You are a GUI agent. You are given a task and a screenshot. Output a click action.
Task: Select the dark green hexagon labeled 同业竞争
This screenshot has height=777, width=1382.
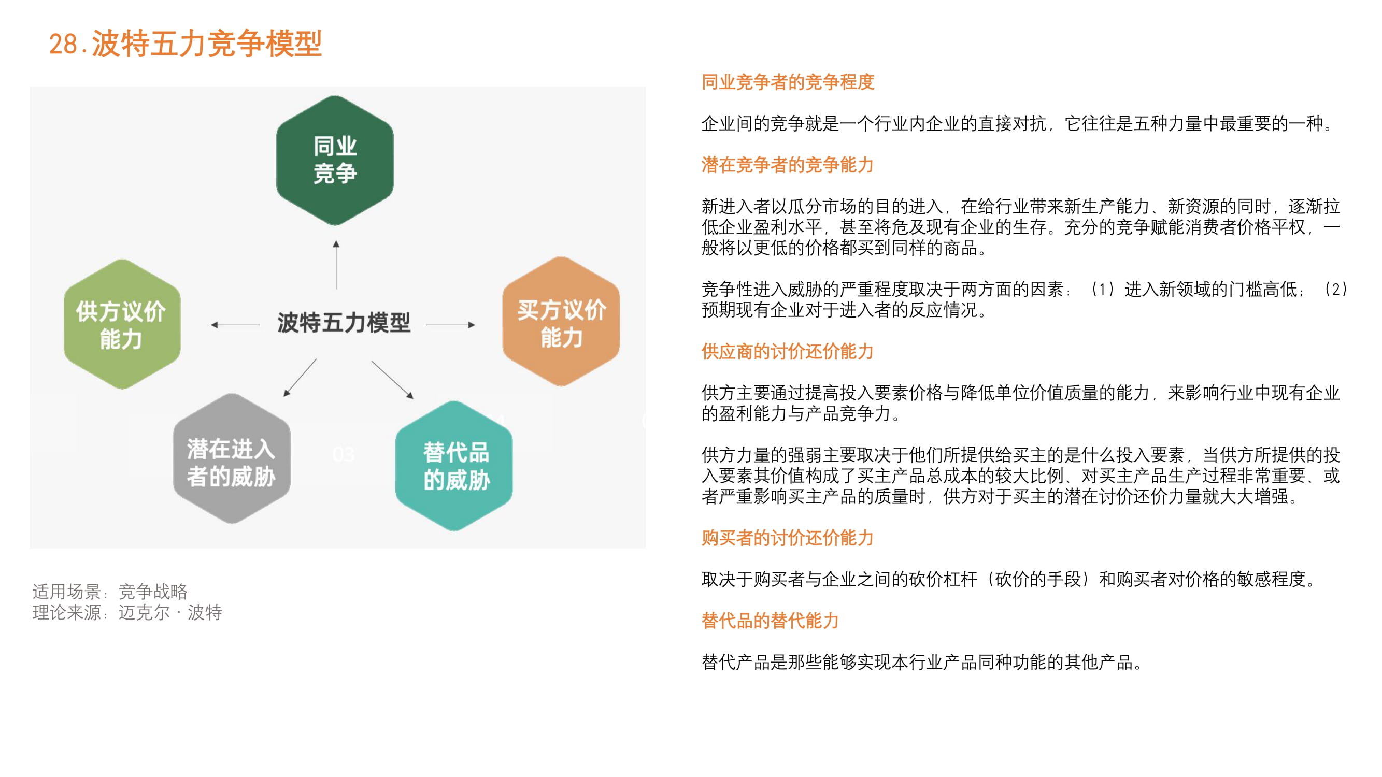pyautogui.click(x=335, y=161)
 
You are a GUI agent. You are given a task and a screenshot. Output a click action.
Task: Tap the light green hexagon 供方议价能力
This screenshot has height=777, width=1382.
pyautogui.click(x=122, y=324)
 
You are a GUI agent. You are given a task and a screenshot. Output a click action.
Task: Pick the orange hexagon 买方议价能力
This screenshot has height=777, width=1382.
pyautogui.click(x=561, y=321)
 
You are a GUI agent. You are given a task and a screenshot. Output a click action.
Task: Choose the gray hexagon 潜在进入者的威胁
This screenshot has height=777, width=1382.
pyautogui.click(x=232, y=458)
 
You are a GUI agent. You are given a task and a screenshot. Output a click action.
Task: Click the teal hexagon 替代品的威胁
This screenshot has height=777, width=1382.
pyautogui.click(x=454, y=466)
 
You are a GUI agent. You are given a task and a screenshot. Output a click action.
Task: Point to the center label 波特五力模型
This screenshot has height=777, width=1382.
pyautogui.click(x=344, y=323)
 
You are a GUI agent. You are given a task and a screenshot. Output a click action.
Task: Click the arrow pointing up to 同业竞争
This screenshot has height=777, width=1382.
pyautogui.click(x=336, y=265)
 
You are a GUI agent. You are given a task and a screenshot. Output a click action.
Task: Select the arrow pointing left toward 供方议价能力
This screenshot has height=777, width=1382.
pyautogui.click(x=236, y=324)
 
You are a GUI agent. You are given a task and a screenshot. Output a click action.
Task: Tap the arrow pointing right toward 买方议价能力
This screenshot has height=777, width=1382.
pyautogui.click(x=451, y=324)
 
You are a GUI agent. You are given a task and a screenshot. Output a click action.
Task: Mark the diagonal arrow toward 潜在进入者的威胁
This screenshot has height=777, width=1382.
pyautogui.click(x=300, y=378)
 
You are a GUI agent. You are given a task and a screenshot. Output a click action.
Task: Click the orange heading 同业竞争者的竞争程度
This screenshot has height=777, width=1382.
pyautogui.click(x=788, y=82)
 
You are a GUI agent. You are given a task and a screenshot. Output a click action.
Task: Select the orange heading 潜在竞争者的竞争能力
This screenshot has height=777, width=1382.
pyautogui.click(x=788, y=165)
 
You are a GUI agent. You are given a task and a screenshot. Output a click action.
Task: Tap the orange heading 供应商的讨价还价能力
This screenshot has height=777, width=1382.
pyautogui.click(x=788, y=352)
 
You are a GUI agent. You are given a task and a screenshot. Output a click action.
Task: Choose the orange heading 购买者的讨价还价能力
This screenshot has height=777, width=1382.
pyautogui.click(x=788, y=538)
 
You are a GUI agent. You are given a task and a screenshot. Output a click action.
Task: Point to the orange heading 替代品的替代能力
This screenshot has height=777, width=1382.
pyautogui.click(x=771, y=621)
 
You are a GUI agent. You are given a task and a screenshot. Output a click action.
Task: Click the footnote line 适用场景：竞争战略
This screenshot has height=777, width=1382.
pyautogui.click(x=110, y=592)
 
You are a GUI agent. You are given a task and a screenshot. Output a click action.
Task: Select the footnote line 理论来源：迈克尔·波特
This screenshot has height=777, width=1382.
pyautogui.click(x=127, y=612)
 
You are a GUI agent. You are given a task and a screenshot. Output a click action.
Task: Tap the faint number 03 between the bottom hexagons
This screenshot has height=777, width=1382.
pyautogui.click(x=344, y=455)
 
